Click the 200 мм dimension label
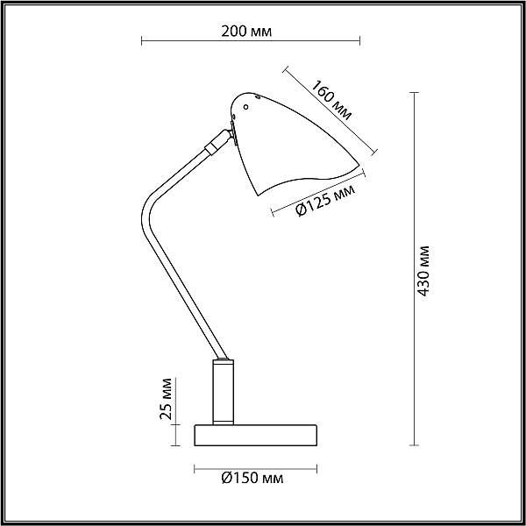pyautogui.click(x=246, y=32)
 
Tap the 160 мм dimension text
pyautogui.click(x=331, y=100)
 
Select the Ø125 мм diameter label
pyautogui.click(x=324, y=201)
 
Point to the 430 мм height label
pyautogui.click(x=423, y=271)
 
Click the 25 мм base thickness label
pyautogui.click(x=166, y=399)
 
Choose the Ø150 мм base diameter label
pyautogui.click(x=252, y=478)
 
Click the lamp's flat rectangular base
pyautogui.click(x=256, y=436)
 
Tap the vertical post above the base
pyautogui.click(x=223, y=392)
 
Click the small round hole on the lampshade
pyautogui.click(x=245, y=107)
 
